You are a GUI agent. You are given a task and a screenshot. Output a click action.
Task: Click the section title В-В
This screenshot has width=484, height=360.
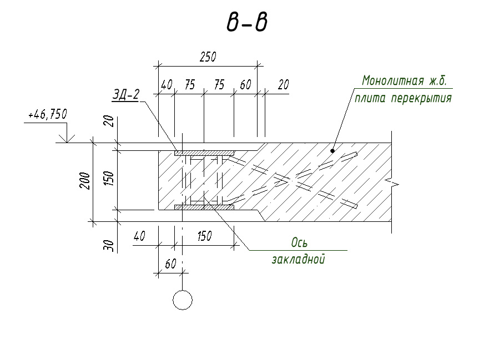246,23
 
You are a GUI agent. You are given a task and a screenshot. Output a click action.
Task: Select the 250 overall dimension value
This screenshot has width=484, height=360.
208,57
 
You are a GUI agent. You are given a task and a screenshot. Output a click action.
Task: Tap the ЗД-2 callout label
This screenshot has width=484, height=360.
125,95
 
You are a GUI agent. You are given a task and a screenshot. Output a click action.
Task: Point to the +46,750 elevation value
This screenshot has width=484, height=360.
47,115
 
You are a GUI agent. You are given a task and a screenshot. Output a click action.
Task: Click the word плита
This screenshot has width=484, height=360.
371,99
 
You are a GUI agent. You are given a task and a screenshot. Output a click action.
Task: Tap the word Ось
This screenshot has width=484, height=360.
299,243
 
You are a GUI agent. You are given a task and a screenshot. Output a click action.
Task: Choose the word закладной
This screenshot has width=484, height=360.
298,259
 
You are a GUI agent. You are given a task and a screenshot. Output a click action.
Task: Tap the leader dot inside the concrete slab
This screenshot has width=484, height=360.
332,150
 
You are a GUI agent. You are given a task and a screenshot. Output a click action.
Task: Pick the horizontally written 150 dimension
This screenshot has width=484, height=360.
204,236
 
